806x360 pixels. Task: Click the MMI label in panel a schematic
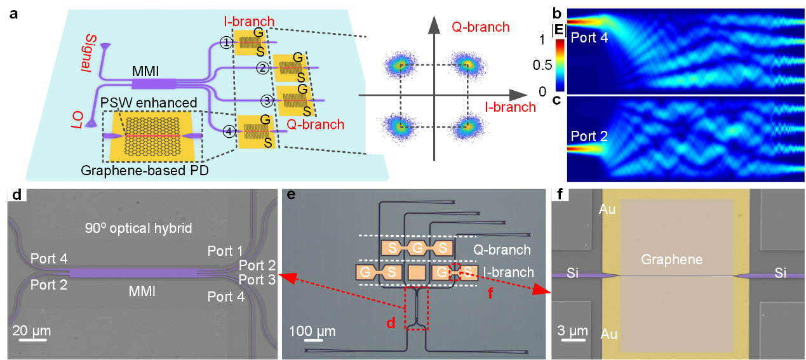click(x=147, y=68)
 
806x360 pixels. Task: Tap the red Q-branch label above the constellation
click(x=480, y=27)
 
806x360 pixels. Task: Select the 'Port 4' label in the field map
click(x=589, y=37)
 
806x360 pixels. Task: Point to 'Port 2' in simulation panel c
click(x=589, y=135)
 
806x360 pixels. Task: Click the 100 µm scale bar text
click(x=309, y=331)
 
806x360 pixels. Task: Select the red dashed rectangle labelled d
click(x=417, y=308)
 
